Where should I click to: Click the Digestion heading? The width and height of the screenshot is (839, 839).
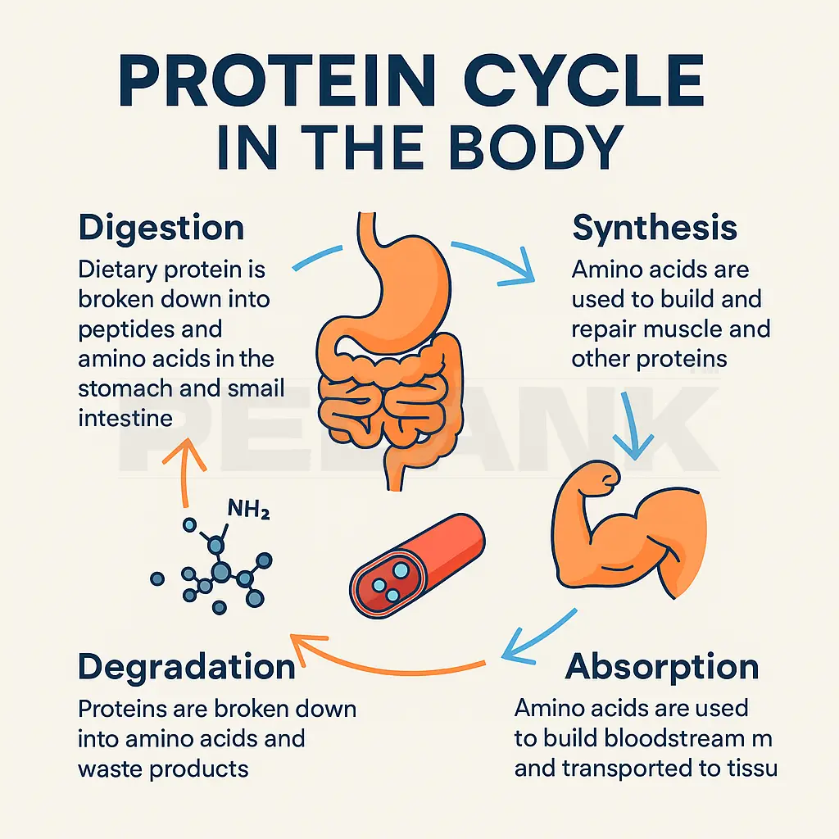(x=161, y=228)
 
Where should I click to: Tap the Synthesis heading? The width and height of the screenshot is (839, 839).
(x=654, y=228)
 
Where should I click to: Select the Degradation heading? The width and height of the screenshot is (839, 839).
(x=186, y=666)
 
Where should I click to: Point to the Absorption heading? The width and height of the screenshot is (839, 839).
(x=662, y=667)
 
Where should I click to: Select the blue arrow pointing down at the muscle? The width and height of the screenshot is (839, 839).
(x=635, y=426)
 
